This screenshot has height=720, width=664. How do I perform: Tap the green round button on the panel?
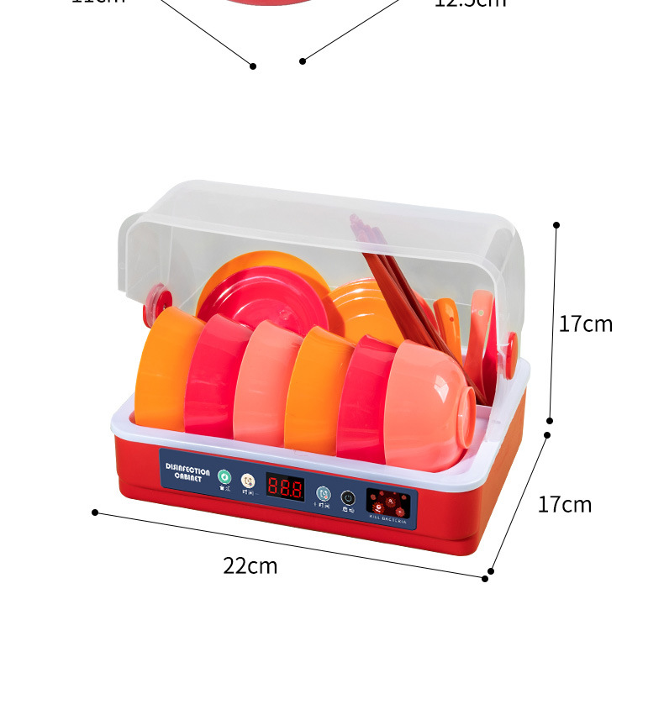click(224, 476)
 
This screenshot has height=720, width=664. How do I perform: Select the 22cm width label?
click(250, 566)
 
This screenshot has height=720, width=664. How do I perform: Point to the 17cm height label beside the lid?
click(586, 323)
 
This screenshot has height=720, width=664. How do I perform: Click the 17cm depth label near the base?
click(564, 504)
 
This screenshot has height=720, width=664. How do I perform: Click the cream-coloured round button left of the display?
click(247, 481)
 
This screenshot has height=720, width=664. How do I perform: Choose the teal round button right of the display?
click(324, 493)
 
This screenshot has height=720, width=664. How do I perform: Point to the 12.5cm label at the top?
click(471, 3)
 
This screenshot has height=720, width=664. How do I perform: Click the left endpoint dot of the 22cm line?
click(95, 512)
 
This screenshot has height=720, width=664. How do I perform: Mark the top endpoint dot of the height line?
click(556, 225)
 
